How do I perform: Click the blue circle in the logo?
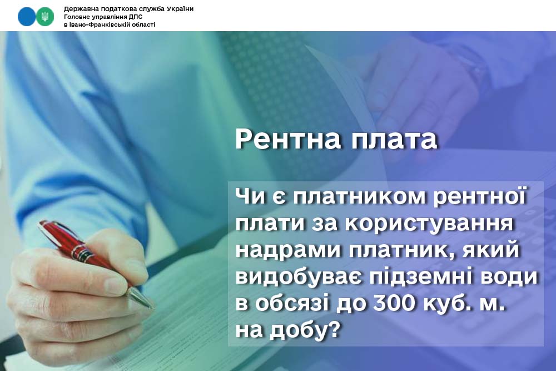click(27, 16)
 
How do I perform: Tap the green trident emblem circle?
click(44, 16)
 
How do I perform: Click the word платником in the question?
click(359, 196)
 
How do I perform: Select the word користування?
click(429, 224)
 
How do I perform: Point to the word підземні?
click(420, 277)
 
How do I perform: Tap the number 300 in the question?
click(393, 303)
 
